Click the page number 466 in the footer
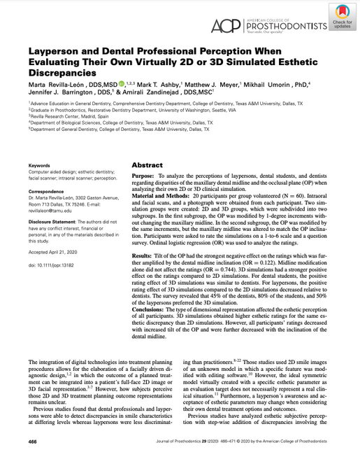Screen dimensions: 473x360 [x=33, y=462]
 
